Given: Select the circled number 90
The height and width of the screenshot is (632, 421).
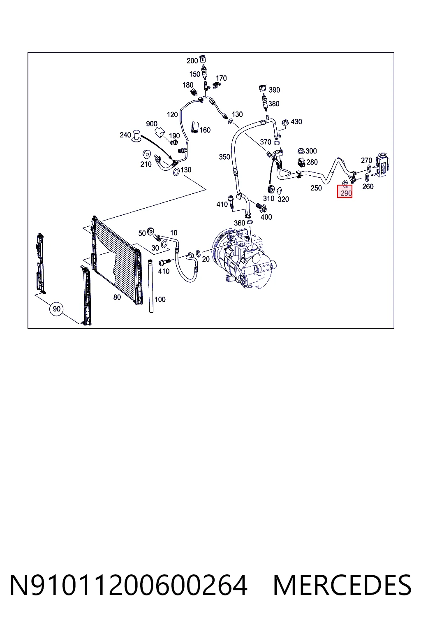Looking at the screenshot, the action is (56, 309).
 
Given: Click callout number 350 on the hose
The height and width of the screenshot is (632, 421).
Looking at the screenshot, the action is (224, 157).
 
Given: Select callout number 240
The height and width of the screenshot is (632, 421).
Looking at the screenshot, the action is (125, 135).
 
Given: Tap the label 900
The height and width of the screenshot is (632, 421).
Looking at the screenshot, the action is (152, 124).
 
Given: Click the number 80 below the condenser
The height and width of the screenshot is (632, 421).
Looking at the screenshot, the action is (117, 297).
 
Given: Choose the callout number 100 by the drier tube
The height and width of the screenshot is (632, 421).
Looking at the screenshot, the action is (160, 300).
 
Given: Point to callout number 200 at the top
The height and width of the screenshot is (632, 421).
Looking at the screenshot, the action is (192, 60).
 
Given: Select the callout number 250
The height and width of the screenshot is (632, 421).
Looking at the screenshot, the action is (316, 188).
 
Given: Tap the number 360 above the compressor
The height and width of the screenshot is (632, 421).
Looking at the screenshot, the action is (239, 223).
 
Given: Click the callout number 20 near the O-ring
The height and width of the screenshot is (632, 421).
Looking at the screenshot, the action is (206, 259).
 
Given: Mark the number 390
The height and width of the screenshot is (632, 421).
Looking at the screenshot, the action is (274, 90).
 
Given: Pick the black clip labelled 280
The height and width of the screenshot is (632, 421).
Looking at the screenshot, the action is (301, 162).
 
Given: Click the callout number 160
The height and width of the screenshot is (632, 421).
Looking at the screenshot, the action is (205, 130).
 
